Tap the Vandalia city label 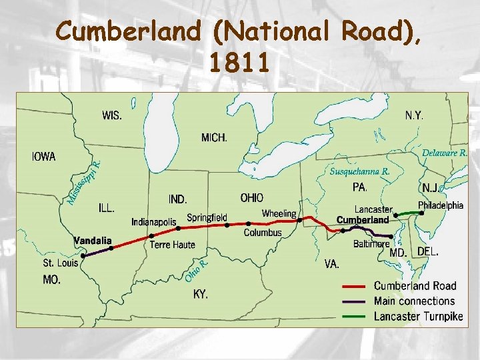93,240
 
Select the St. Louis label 61,263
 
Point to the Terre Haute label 173,245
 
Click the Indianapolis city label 154,221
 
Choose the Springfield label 207,217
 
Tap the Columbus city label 263,233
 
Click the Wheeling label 279,214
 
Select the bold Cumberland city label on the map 363,220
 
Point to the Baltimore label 371,244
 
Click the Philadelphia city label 441,205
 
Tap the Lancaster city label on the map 373,209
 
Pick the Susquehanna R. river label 360,171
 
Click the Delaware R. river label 445,153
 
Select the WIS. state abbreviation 112,115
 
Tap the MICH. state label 214,138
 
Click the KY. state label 201,293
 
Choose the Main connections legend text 414,301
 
